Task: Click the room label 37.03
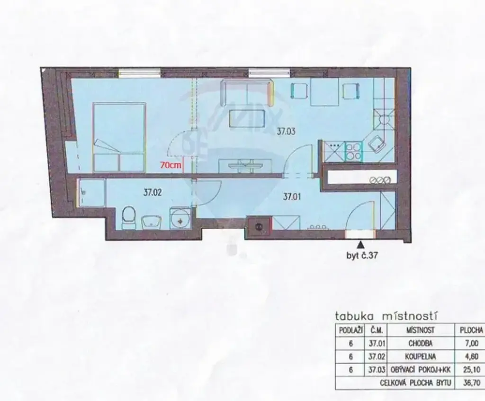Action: [286, 132]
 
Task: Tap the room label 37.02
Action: [153, 193]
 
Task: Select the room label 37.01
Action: [292, 196]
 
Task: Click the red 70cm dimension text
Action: [171, 165]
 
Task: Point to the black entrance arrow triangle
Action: [360, 245]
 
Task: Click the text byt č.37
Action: [362, 256]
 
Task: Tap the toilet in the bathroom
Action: [128, 218]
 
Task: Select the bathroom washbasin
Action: [152, 223]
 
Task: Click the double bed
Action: [119, 138]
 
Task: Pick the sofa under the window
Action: [247, 92]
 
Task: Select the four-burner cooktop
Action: [353, 151]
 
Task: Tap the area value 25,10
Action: [471, 370]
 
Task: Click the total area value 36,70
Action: [471, 383]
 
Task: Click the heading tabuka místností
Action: [386, 316]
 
